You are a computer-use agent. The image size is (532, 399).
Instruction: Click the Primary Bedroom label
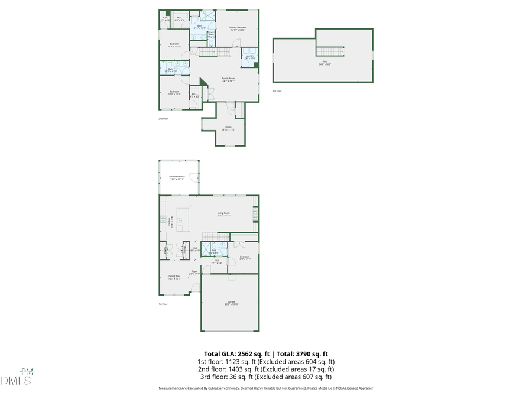[238, 28]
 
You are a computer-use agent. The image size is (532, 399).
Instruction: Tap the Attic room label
[325, 64]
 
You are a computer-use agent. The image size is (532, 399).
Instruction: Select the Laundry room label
[249, 57]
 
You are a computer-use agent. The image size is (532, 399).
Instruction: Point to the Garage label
[231, 303]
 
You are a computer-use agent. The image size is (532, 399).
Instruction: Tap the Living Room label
[223, 214]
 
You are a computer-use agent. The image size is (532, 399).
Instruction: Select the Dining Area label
[174, 277]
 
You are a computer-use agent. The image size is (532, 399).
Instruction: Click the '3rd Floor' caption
[277, 91]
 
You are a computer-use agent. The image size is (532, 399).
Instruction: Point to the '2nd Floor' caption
[163, 119]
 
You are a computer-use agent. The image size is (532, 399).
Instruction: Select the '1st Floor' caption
[163, 304]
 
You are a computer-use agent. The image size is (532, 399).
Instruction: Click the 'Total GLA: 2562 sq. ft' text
[235, 353]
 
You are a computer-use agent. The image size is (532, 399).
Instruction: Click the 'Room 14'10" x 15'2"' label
[229, 128]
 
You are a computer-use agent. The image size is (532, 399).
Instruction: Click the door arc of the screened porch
[199, 178]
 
